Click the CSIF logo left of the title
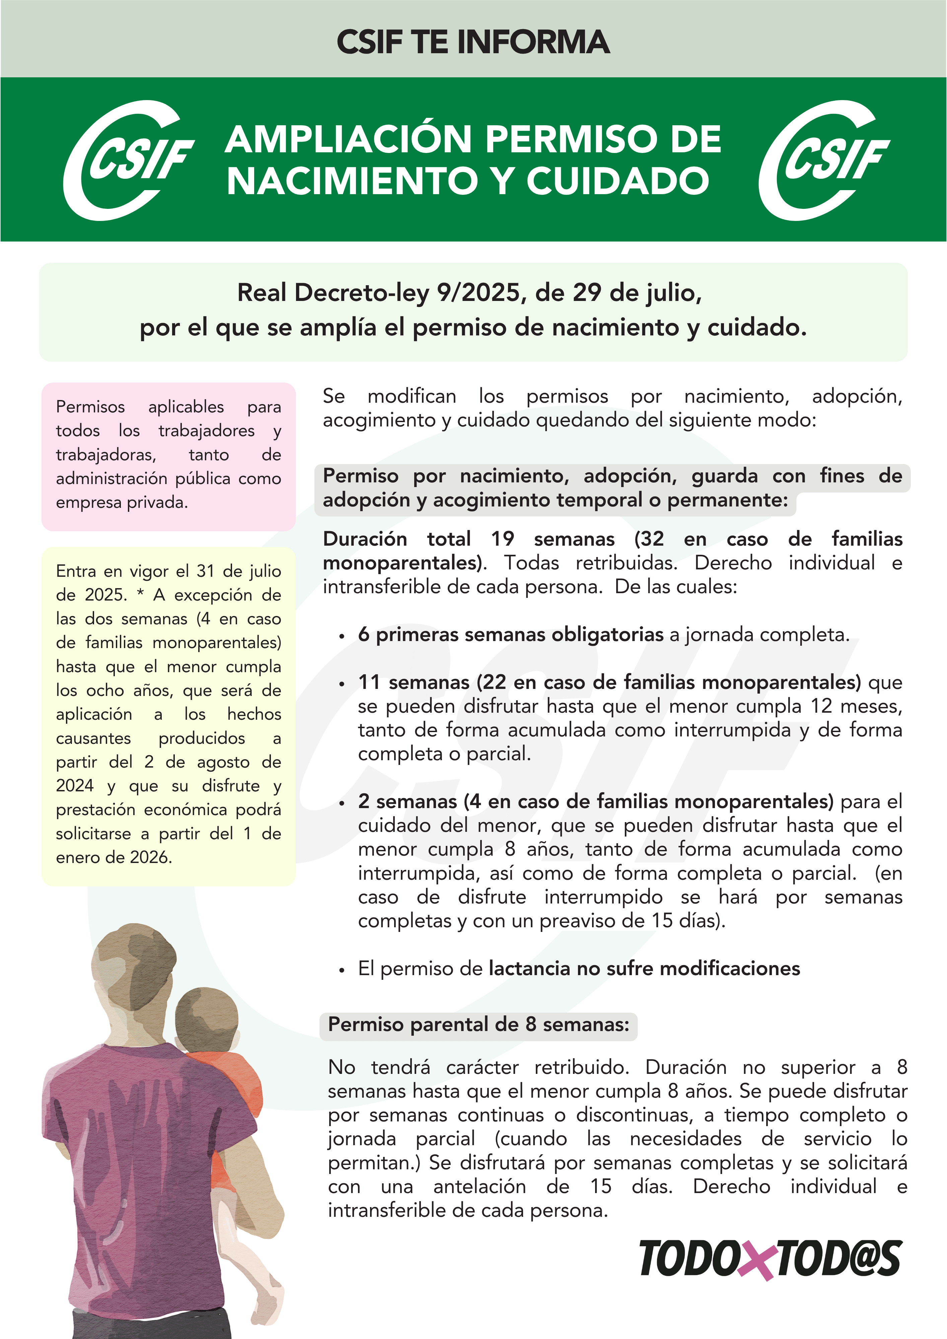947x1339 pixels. click(x=128, y=160)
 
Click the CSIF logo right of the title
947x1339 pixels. click(x=824, y=160)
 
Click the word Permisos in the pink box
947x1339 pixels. click(x=90, y=406)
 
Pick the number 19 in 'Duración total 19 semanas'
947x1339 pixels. click(x=502, y=539)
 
